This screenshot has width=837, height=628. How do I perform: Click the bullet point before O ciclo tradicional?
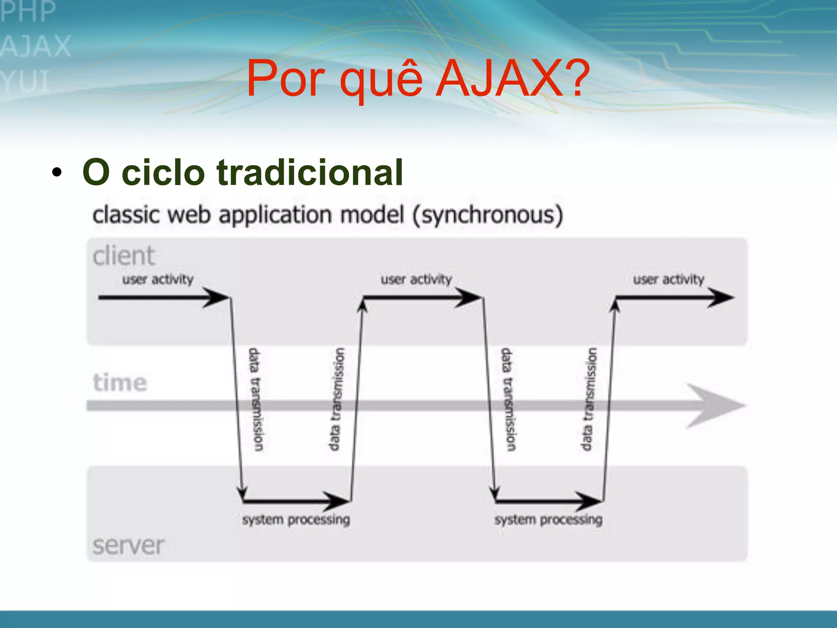tap(57, 173)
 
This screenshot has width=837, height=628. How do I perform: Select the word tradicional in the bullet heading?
tap(309, 173)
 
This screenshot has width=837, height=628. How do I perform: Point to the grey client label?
tap(123, 256)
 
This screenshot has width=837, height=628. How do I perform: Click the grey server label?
tap(128, 545)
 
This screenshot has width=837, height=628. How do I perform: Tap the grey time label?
tap(120, 383)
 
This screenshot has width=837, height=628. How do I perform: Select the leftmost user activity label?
tap(158, 280)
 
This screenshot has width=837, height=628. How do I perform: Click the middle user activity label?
tap(416, 280)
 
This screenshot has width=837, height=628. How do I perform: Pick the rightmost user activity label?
tap(669, 280)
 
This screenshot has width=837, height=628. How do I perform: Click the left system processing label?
tap(296, 520)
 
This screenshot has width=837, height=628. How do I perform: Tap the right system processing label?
tap(548, 520)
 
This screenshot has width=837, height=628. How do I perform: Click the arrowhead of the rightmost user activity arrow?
tap(721, 298)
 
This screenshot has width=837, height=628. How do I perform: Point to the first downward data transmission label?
tap(256, 400)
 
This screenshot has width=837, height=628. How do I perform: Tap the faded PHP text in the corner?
tap(28, 11)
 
